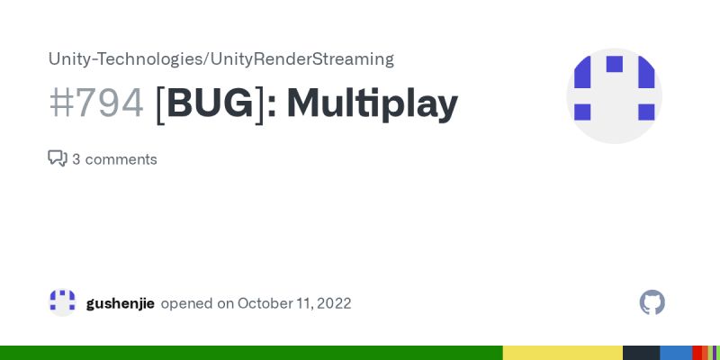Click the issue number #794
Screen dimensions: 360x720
96,104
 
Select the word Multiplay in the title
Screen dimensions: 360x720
373,104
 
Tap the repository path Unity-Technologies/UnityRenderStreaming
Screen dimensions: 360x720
220,59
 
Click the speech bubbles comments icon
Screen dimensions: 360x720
58,159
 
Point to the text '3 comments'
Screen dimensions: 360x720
114,159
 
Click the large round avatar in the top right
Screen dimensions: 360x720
614,95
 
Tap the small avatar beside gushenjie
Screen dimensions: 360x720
63,302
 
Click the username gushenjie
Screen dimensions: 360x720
121,303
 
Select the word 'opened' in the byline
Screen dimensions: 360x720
185,303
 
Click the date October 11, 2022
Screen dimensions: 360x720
294,303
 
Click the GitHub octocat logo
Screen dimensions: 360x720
652,302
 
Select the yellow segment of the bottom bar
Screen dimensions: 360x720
562,353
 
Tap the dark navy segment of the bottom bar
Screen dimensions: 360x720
641,353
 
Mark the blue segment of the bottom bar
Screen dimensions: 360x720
676,353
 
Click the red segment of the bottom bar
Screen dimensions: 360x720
697,353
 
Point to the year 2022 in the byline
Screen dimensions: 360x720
333,303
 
